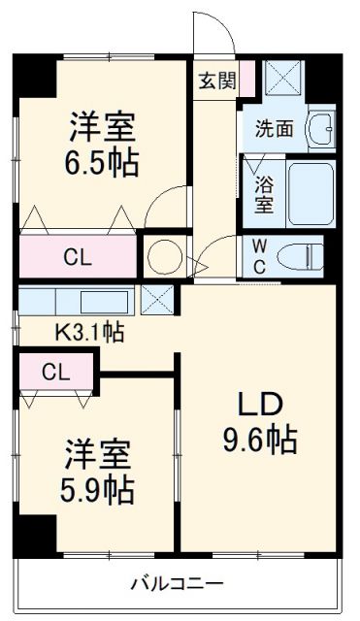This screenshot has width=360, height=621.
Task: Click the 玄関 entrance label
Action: click(216, 81)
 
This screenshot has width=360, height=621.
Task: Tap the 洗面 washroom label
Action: click(273, 127)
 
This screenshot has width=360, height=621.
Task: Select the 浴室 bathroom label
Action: click(263, 192)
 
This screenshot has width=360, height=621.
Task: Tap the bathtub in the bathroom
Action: click(310, 191)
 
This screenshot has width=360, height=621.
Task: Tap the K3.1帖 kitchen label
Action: click(88, 332)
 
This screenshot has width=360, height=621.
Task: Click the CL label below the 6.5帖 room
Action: click(80, 257)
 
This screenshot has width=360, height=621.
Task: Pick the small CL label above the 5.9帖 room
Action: click(55, 370)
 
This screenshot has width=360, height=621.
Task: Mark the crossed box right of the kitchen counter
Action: click(157, 300)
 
